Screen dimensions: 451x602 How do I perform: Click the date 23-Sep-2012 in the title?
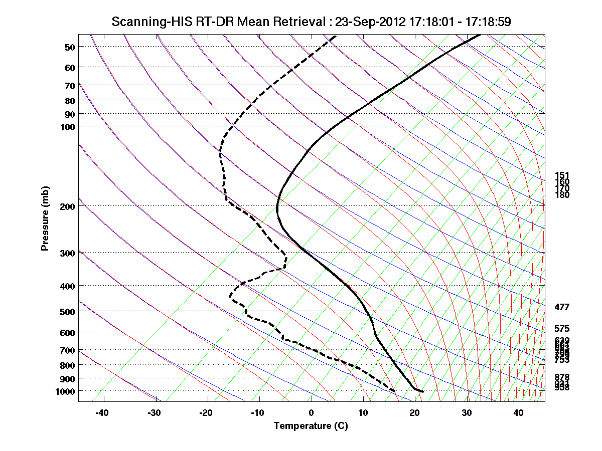[x=369, y=22]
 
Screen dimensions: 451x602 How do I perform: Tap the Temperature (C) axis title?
[x=311, y=426]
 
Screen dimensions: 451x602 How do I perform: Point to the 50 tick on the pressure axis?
[x=70, y=47]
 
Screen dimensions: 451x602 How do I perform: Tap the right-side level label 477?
[x=562, y=307]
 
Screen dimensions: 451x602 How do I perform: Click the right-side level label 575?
[x=562, y=329]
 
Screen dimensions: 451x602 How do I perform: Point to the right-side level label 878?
[x=562, y=377]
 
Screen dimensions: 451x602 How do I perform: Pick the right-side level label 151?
[x=562, y=175]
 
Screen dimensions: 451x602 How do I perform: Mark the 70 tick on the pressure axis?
[x=70, y=86]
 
